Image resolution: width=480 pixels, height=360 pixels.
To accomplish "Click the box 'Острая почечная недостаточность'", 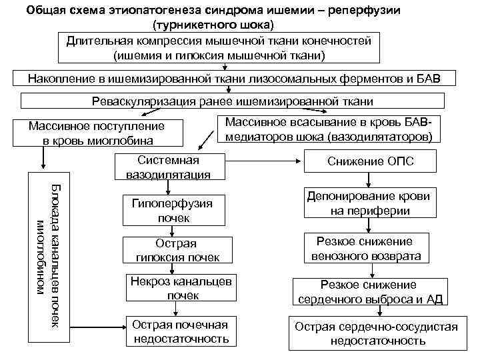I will pos(181,331).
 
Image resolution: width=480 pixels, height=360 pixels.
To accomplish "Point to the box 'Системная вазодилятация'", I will pos(169,167).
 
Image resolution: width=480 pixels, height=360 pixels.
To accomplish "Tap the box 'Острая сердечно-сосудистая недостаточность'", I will pos(377,333).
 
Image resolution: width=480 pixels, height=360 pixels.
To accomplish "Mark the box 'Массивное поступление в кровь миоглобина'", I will pos(97,133).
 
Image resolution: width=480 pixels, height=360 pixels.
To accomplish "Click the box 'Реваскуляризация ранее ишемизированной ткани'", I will pos(232,101).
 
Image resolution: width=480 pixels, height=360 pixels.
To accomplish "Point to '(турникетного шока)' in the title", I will pos(213,25).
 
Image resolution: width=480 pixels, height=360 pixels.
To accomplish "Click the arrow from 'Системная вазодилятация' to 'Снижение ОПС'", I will pos(264,161).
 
